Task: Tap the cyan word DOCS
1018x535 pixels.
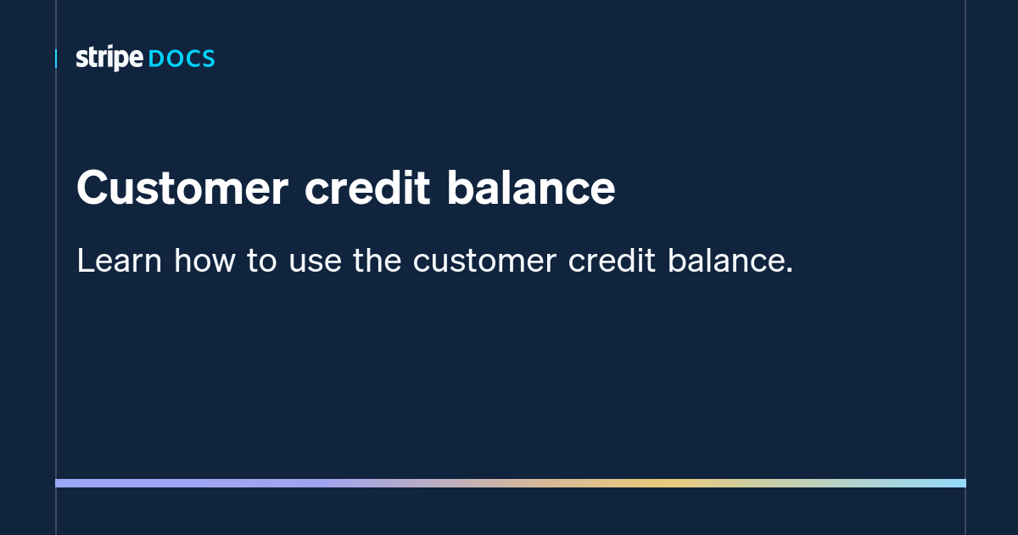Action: coord(182,59)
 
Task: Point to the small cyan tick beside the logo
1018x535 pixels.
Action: coord(56,59)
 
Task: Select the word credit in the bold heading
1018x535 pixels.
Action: coord(366,189)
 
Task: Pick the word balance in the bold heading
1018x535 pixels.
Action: coord(530,189)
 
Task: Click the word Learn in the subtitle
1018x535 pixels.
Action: coord(119,262)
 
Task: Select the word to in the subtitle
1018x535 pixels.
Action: coord(262,262)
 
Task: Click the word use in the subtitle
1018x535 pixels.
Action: coord(315,262)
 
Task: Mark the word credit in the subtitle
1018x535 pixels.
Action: coord(612,262)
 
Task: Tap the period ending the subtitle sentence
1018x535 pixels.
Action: coord(789,271)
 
